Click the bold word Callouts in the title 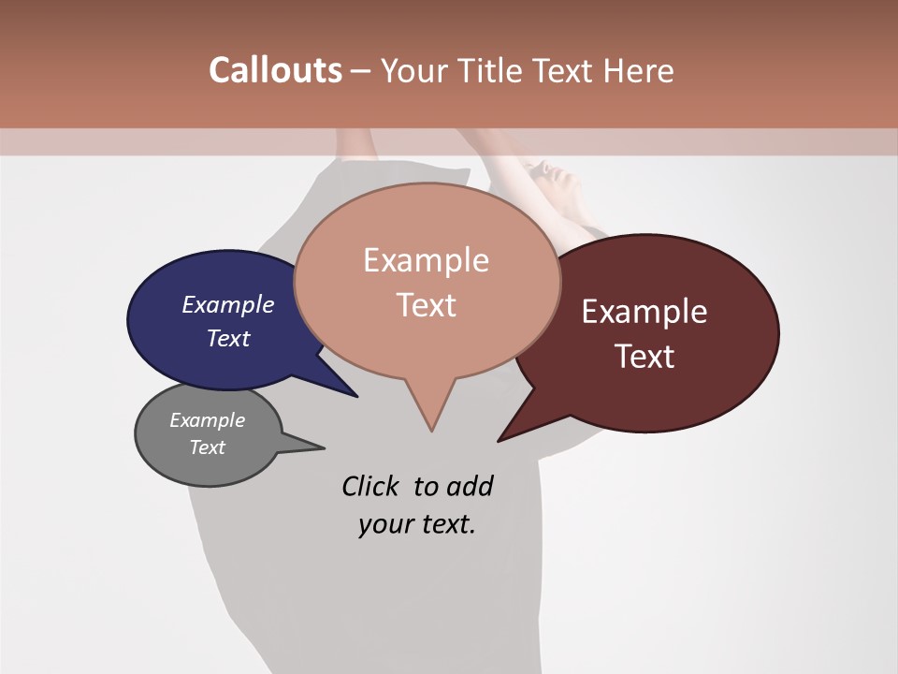point(275,70)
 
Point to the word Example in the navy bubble point(228,304)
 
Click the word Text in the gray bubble point(208,447)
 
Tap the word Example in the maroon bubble point(645,312)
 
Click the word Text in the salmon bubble point(427,305)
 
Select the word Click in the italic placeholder point(370,486)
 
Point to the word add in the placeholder point(469,486)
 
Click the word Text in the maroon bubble point(645,357)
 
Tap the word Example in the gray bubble point(208,420)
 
